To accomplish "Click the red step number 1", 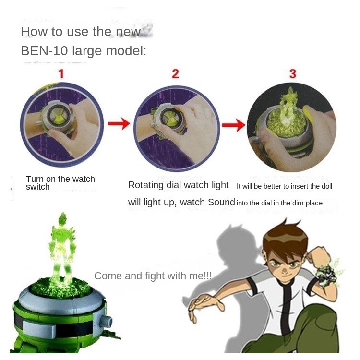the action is [61, 74].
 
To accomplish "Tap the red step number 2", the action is [175, 74].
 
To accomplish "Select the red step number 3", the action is [292, 74].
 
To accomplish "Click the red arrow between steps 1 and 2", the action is [119, 123].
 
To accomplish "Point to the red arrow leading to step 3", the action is [233, 125].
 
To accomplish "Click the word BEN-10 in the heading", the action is [44, 51].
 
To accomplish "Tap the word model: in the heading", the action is [126, 51].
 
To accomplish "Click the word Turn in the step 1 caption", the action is [35, 179].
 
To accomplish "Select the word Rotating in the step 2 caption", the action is [146, 185].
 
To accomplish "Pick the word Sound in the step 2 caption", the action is [221, 202].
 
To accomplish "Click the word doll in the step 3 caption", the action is [327, 186].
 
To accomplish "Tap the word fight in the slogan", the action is [155, 276].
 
